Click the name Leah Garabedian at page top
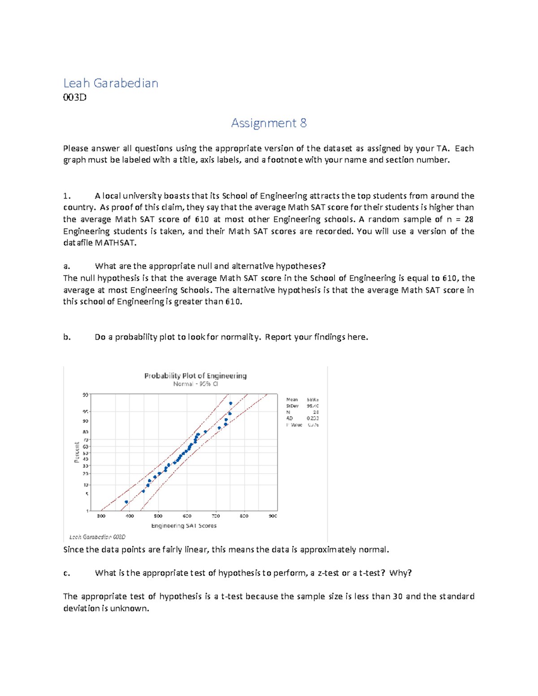point(110,83)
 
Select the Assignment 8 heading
point(269,123)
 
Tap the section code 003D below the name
point(74,97)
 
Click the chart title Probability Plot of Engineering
point(195,376)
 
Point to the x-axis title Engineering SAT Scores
point(184,526)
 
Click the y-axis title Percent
point(77,452)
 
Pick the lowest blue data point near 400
point(126,502)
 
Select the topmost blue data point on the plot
point(230,403)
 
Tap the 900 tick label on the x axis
point(273,516)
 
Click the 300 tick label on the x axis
point(101,516)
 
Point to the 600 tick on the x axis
point(187,516)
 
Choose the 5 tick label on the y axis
point(87,494)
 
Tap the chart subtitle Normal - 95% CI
point(195,384)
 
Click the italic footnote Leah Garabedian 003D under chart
point(97,537)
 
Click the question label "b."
point(67,337)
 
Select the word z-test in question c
point(328,573)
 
